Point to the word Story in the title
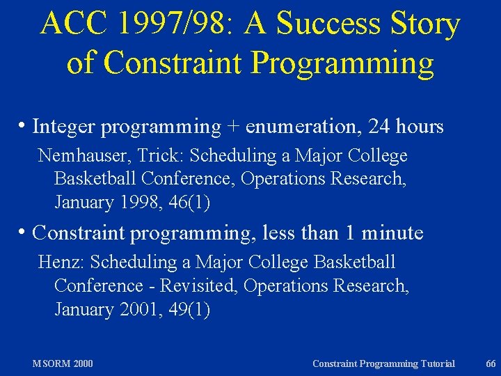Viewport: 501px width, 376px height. click(x=425, y=24)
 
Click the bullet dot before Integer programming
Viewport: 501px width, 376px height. click(x=24, y=126)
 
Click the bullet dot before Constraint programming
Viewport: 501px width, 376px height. click(x=24, y=232)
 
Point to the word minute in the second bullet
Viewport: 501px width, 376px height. click(x=392, y=233)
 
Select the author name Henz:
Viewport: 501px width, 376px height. click(x=62, y=263)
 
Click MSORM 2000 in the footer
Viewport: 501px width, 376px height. click(x=63, y=363)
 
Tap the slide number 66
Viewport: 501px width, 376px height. click(x=491, y=363)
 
